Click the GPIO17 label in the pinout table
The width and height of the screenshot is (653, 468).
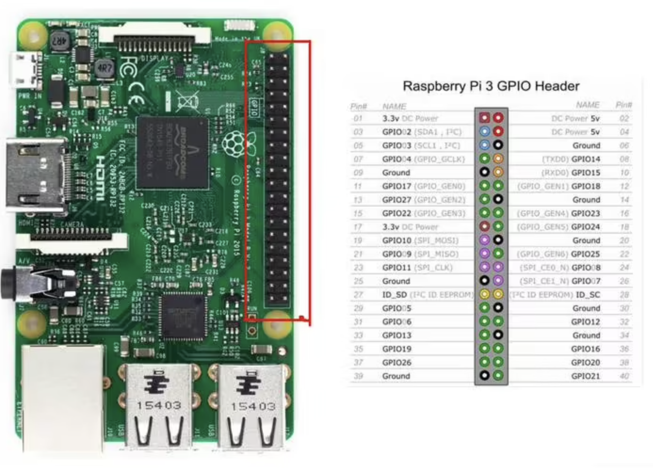pos(397,186)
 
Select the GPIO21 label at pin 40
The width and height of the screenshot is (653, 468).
pos(585,376)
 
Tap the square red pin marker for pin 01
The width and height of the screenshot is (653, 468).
pos(484,118)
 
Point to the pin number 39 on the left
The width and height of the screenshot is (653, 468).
pos(358,376)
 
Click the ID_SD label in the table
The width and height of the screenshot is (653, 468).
pos(394,295)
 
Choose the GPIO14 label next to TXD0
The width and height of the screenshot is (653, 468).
pos(585,159)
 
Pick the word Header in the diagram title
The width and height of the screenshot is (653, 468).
pos(557,86)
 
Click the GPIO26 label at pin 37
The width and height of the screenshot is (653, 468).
pos(397,362)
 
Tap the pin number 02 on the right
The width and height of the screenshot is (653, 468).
pos(624,119)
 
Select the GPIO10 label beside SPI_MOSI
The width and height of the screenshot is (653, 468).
pos(397,240)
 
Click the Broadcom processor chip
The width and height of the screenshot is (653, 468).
pos(172,153)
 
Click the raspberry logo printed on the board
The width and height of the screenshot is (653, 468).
pos(234,144)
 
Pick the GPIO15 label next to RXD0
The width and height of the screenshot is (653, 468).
pos(585,172)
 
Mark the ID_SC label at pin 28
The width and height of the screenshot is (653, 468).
pos(590,295)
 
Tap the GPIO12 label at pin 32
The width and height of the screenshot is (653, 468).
pos(585,322)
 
